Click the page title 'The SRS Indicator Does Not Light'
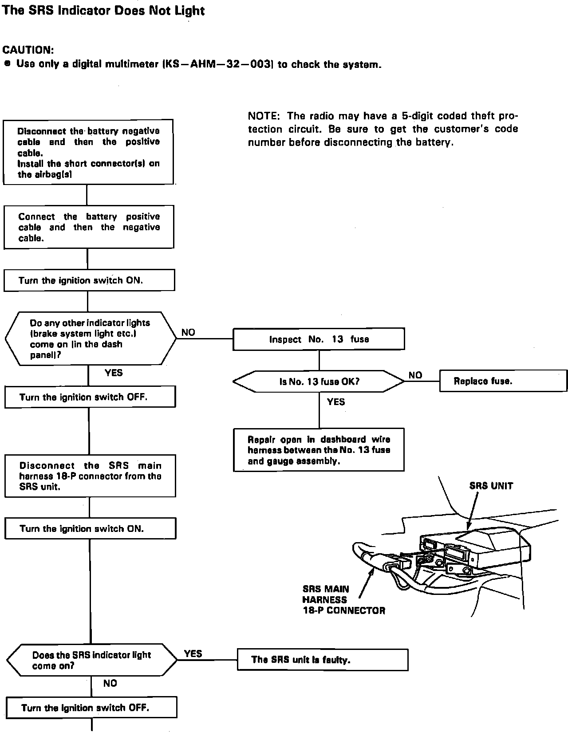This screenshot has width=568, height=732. [103, 11]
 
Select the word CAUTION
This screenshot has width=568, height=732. [28, 50]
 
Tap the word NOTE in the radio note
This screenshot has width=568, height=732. [263, 116]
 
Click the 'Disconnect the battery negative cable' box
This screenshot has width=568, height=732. [88, 152]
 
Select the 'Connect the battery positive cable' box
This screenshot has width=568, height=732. [89, 227]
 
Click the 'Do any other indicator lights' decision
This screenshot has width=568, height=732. [91, 339]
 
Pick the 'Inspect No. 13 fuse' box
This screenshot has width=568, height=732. [319, 339]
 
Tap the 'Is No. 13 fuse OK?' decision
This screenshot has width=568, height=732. [319, 382]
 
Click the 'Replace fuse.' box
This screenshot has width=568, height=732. [503, 381]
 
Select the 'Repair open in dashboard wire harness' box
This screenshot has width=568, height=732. [319, 450]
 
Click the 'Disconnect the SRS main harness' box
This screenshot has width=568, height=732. [90, 476]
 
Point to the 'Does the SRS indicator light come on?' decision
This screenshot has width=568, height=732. [91, 660]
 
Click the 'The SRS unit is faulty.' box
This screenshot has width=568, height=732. [323, 660]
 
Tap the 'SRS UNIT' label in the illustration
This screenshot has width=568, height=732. [491, 486]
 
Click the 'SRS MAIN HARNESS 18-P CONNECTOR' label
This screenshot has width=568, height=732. [343, 600]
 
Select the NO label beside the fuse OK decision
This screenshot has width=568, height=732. [415, 375]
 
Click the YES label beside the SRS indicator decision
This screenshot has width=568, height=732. [193, 653]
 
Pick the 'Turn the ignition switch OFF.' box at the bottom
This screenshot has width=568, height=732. [91, 708]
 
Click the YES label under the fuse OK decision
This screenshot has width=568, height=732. [335, 402]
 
